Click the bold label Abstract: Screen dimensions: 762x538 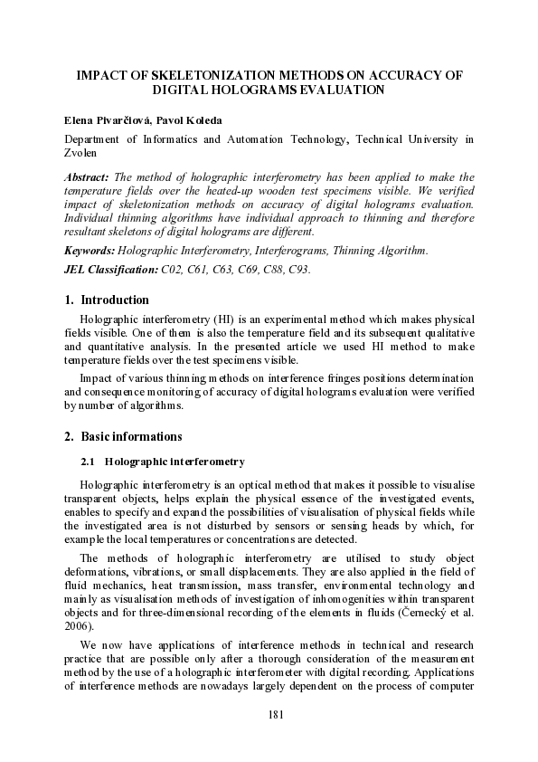tap(87, 177)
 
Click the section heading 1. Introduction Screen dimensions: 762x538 tap(107, 300)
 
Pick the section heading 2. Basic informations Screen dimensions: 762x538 tap(123, 436)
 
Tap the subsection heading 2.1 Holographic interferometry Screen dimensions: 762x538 tap(163, 462)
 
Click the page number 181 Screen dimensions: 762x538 tap(278, 716)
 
